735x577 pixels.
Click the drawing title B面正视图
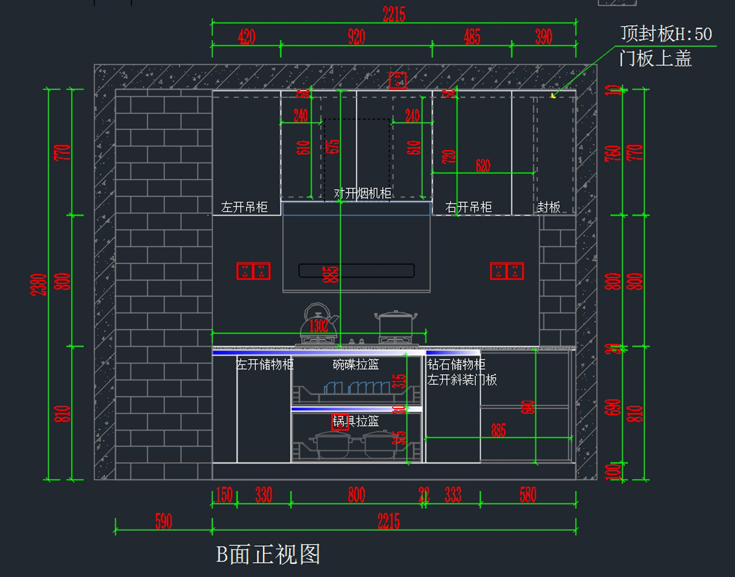pyautogui.click(x=268, y=554)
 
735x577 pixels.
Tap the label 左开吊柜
pyautogui.click(x=244, y=208)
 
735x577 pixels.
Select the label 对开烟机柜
pyautogui.click(x=363, y=194)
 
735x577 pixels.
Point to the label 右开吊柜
pyautogui.click(x=469, y=208)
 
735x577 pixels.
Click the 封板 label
pyautogui.click(x=549, y=208)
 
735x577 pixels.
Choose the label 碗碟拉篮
pyautogui.click(x=356, y=364)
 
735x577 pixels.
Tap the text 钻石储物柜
pyautogui.click(x=456, y=365)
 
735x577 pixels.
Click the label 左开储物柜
pyautogui.click(x=265, y=364)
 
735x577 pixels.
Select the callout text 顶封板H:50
pyautogui.click(x=666, y=34)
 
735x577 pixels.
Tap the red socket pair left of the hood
pyautogui.click(x=253, y=271)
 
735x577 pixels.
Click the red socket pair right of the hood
pyautogui.click(x=507, y=271)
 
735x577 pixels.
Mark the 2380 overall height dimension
pyautogui.click(x=39, y=284)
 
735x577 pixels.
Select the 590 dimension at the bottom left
pyautogui.click(x=164, y=522)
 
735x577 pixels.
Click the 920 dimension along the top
pyautogui.click(x=356, y=37)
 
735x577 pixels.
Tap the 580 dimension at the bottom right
pyautogui.click(x=528, y=495)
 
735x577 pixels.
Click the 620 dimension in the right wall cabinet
pyautogui.click(x=483, y=165)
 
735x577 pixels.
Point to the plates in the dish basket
pyautogui.click(x=357, y=388)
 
